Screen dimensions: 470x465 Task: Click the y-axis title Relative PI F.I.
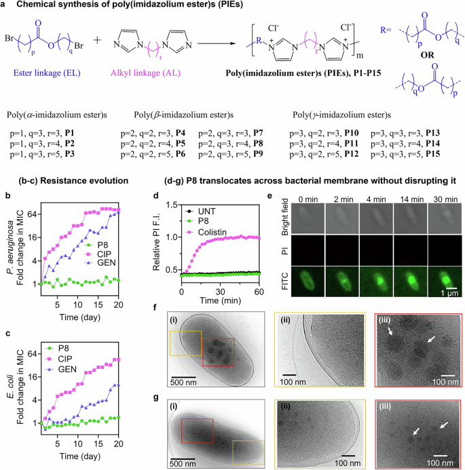coord(167,241)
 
